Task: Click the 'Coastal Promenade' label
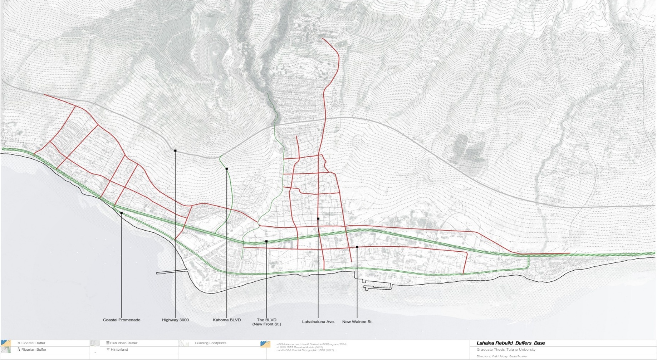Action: coord(122,320)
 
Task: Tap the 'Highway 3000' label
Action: coord(175,320)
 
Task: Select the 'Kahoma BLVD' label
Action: coord(227,320)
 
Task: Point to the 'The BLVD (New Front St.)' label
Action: coord(266,322)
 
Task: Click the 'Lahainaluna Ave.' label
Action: coord(318,322)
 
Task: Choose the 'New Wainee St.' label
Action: coord(357,322)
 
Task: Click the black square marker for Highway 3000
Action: coord(175,151)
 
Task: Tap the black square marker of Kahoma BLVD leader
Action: coord(227,169)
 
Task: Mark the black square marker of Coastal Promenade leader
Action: coord(122,213)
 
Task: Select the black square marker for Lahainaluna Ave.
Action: coord(318,219)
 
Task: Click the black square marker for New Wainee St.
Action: coord(357,247)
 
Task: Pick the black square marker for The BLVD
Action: coord(266,242)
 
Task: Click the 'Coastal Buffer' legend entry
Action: coord(33,343)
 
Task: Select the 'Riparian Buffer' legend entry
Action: coord(34,350)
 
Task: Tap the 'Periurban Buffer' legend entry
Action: coord(123,343)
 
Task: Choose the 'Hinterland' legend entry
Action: coord(119,350)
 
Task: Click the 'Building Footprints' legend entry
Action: coord(210,343)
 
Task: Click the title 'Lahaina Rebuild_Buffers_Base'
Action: coord(511,343)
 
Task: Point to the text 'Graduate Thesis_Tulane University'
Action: coord(506,350)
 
